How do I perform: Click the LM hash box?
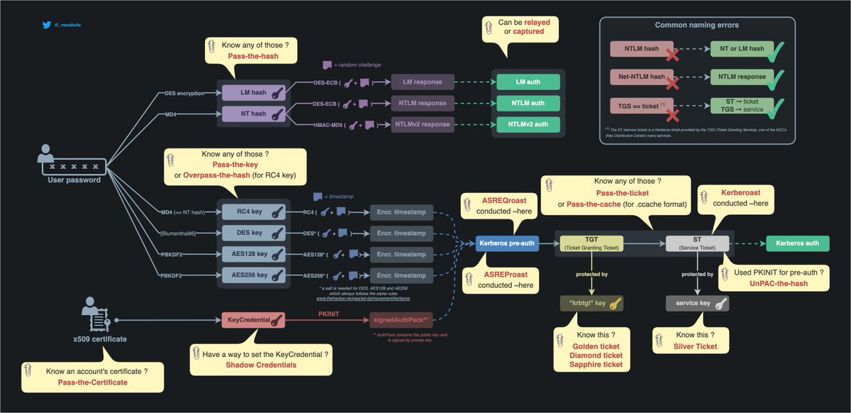(254, 92)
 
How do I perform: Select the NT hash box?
(254, 114)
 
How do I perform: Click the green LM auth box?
(528, 82)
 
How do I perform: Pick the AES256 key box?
(254, 275)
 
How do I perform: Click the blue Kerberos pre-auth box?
(506, 243)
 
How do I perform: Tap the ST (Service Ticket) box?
(697, 243)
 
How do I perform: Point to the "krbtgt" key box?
(591, 304)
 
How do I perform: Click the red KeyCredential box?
(254, 320)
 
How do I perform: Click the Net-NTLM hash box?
(638, 77)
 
